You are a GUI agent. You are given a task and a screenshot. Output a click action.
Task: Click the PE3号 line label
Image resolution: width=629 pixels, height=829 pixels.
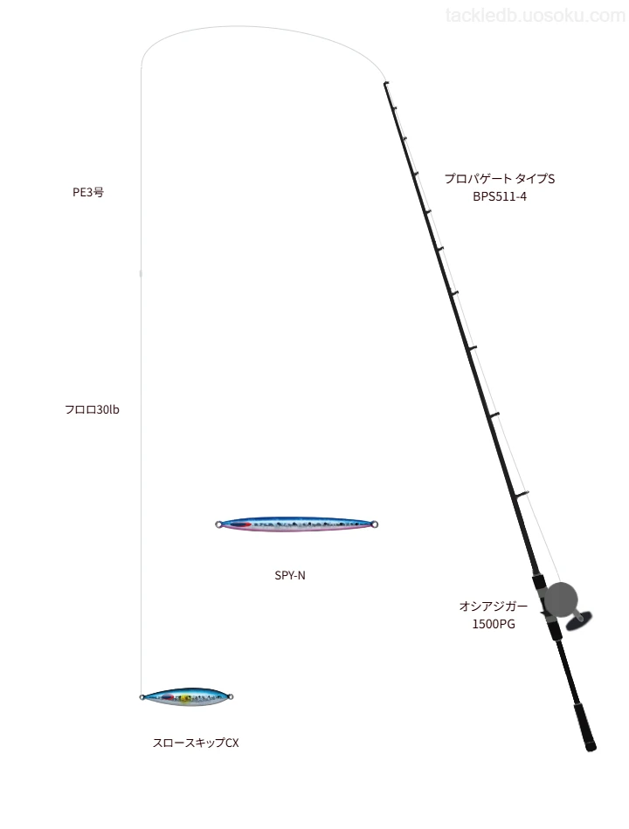pos(88,192)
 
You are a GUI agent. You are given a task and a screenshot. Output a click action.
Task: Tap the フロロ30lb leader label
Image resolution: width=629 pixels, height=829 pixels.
pos(92,409)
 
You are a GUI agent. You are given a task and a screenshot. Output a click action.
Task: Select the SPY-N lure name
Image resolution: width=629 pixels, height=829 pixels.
pos(290,575)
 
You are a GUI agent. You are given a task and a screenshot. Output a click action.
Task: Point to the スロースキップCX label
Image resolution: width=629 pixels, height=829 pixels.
pos(196,743)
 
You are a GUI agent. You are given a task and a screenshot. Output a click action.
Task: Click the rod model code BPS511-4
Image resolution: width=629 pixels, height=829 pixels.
pos(500,196)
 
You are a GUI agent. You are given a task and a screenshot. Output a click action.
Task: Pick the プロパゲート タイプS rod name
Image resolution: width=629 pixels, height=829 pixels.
pos(500,179)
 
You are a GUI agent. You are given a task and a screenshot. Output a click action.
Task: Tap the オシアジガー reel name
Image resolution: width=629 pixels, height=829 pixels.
pos(494,606)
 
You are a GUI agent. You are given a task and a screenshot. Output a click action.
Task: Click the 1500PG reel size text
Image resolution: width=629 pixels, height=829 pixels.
pos(494,624)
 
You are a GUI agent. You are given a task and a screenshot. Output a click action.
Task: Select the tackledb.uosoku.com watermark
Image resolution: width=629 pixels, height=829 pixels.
pos(536,16)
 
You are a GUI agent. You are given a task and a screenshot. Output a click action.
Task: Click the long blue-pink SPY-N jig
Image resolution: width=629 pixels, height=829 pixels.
pos(296,524)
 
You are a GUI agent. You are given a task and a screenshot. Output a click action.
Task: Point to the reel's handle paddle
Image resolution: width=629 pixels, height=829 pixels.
pos(578,620)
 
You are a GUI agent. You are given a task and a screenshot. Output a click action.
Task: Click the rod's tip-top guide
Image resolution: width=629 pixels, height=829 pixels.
pos(386,84)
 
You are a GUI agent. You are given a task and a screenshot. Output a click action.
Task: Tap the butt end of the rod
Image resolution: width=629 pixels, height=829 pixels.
pos(591,747)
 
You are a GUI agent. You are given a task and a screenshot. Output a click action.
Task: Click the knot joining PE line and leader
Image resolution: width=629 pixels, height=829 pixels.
pos(141,273)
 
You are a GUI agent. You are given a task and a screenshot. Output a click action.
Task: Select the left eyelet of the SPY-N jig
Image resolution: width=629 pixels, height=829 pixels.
pos(218,524)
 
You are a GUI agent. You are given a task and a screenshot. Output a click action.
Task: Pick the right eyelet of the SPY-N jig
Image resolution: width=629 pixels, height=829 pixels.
pos(375,524)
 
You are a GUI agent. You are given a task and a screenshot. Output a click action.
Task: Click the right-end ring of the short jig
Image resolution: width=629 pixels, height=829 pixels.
pos(231,697)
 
